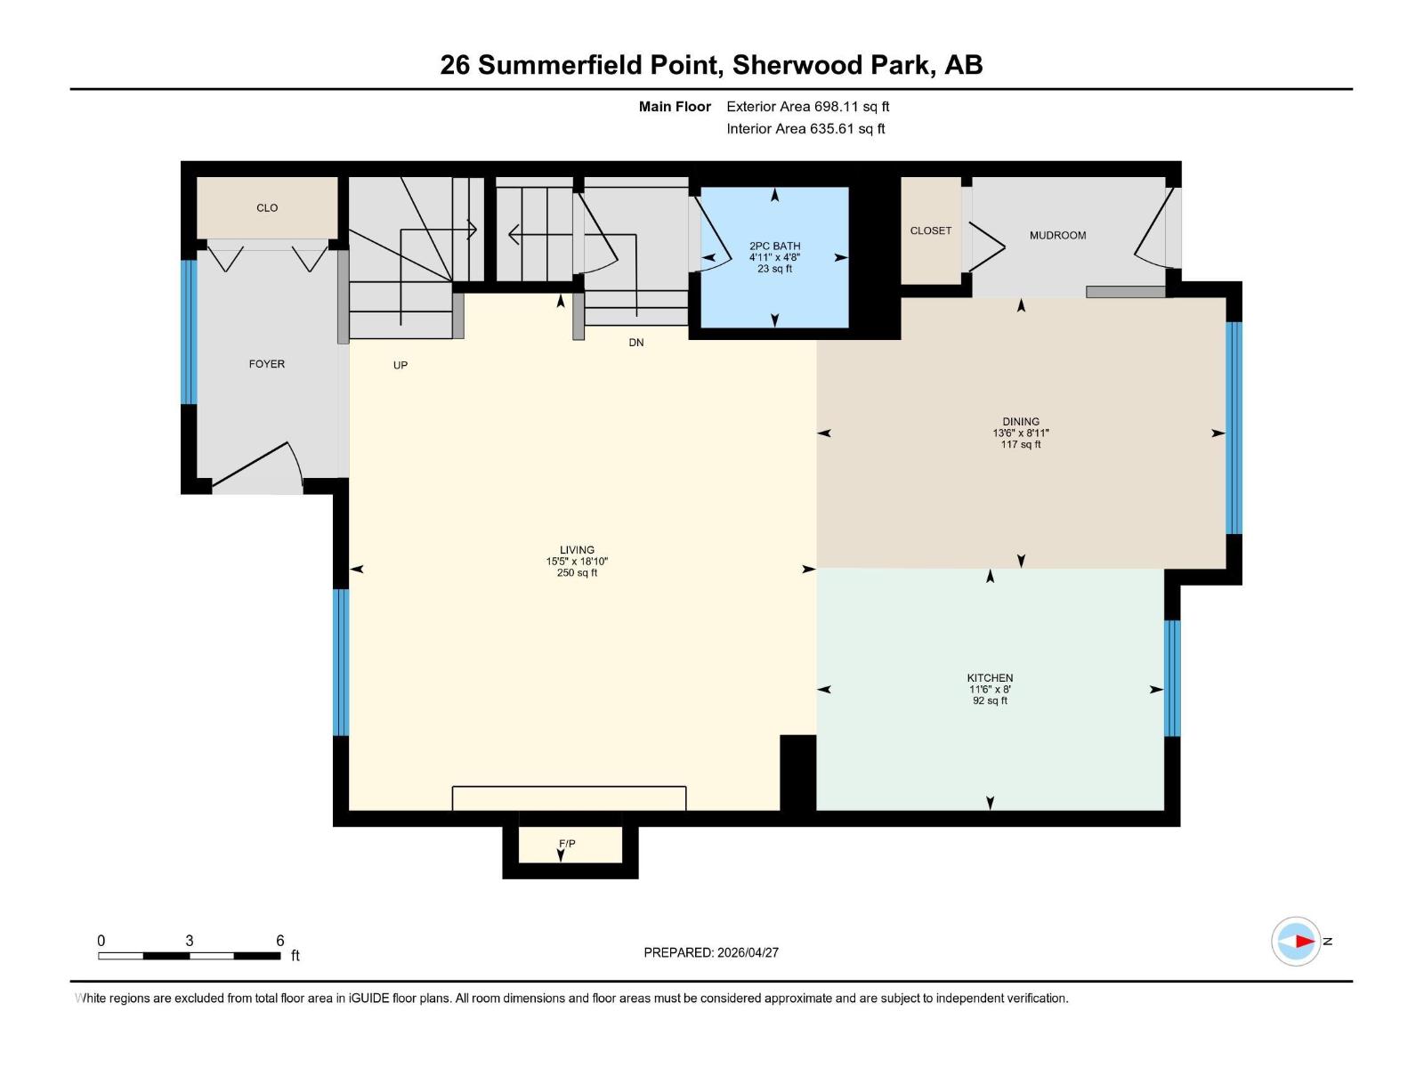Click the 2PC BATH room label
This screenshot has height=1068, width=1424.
tap(774, 246)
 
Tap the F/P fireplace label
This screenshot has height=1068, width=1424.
tap(567, 844)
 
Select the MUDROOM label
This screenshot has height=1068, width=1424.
tap(1057, 236)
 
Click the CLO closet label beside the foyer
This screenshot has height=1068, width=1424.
tap(267, 208)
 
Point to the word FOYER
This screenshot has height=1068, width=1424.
tap(267, 364)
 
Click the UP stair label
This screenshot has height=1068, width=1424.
tap(400, 366)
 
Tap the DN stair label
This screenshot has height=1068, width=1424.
tap(635, 343)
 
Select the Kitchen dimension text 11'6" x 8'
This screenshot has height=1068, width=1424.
tap(990, 690)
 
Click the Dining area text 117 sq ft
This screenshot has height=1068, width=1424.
tap(1020, 445)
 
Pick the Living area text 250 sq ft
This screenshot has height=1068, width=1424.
tap(577, 573)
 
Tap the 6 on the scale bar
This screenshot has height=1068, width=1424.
tap(279, 941)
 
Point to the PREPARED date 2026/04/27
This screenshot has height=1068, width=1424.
tap(748, 952)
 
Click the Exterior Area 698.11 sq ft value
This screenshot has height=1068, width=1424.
tap(852, 107)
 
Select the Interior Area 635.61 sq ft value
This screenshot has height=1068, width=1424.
tap(847, 129)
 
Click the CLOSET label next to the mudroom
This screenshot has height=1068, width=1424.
tap(931, 231)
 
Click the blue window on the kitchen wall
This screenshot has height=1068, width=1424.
tap(1172, 678)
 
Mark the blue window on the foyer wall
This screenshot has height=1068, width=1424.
tap(189, 332)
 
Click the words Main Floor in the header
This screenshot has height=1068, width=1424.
tap(675, 107)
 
